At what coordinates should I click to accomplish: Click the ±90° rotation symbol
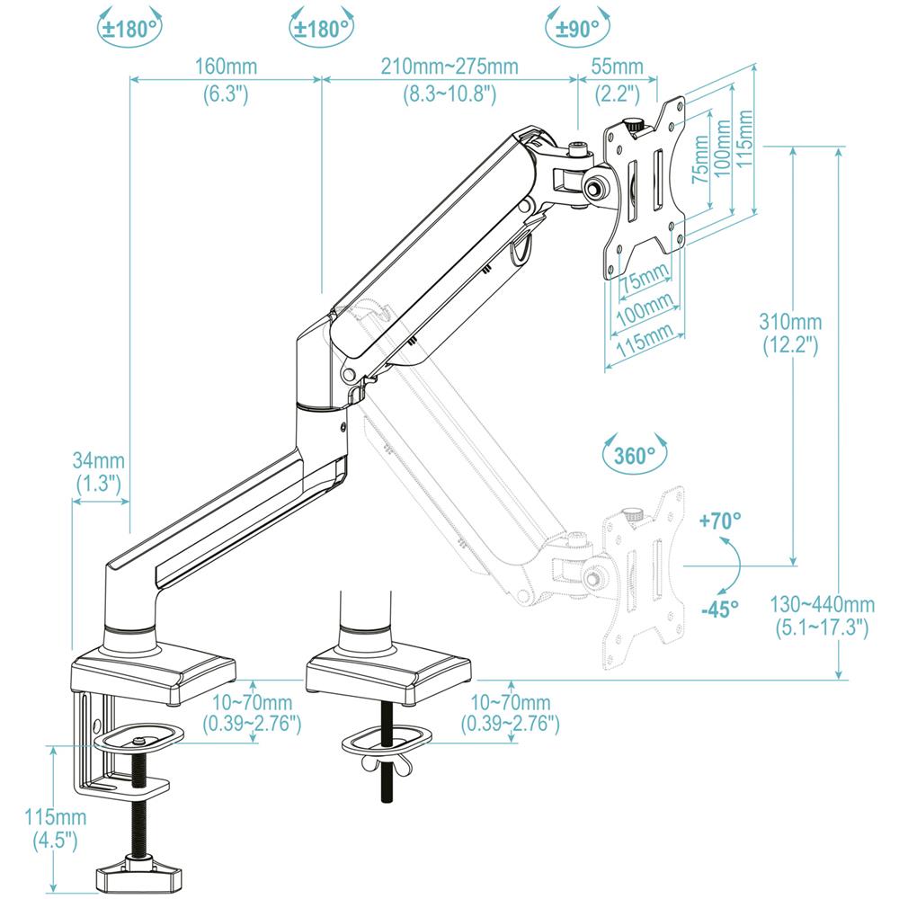click(x=576, y=28)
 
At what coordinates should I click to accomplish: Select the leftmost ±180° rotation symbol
click(x=130, y=28)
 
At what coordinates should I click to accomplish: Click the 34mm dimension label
click(x=97, y=460)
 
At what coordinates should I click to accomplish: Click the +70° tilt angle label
click(x=721, y=521)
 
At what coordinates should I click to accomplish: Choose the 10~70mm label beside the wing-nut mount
click(x=510, y=702)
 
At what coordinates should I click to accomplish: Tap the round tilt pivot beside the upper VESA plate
click(x=594, y=188)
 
